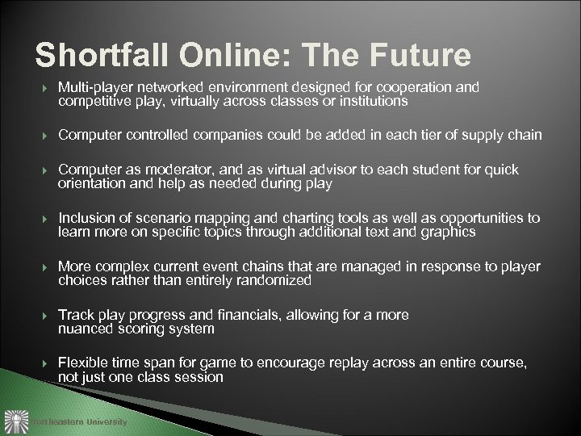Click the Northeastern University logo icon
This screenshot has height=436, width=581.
pyautogui.click(x=16, y=421)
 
